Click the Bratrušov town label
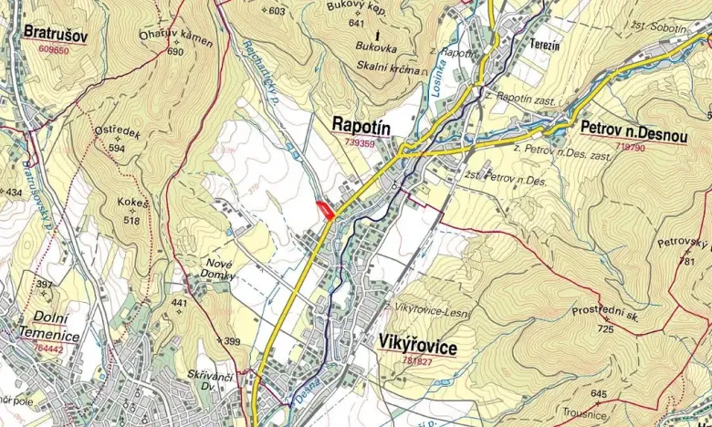tap(55, 35)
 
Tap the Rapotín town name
tap(362, 125)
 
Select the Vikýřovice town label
tap(416, 347)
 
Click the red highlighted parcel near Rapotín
tap(323, 209)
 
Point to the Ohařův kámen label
tap(176, 39)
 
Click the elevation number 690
tap(175, 52)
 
